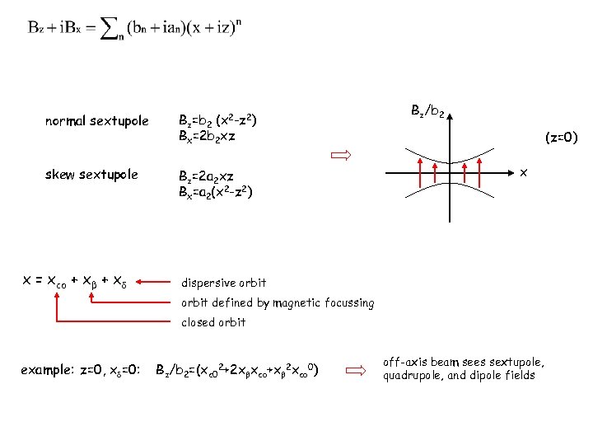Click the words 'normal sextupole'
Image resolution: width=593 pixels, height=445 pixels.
tap(97, 121)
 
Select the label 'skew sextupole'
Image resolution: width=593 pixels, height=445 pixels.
tap(91, 175)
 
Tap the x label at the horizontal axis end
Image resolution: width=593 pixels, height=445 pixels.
tap(524, 172)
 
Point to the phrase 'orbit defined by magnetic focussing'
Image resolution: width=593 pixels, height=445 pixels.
tap(278, 302)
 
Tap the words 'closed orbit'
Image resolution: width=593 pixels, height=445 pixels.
tap(213, 322)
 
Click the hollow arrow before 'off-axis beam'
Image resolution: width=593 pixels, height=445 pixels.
tap(355, 372)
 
